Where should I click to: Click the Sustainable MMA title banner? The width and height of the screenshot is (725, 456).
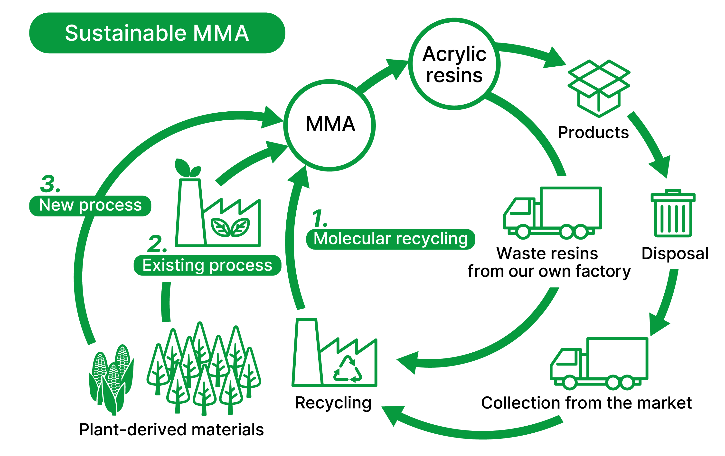pyautogui.click(x=157, y=33)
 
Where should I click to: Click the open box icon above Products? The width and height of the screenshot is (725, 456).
pyautogui.click(x=599, y=89)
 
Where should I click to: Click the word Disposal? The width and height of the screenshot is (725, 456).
pyautogui.click(x=675, y=253)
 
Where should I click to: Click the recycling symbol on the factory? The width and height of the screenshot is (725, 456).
pyautogui.click(x=348, y=369)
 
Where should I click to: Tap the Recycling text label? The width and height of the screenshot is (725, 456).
pyautogui.click(x=333, y=403)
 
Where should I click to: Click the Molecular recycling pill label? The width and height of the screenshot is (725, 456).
pyautogui.click(x=390, y=239)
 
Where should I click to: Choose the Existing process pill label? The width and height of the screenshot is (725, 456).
pyautogui.click(x=207, y=265)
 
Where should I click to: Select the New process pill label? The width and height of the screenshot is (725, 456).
pyautogui.click(x=90, y=206)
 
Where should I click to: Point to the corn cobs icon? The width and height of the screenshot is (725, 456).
pyautogui.click(x=111, y=380)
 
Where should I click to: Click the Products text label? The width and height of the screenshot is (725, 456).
pyautogui.click(x=593, y=132)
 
